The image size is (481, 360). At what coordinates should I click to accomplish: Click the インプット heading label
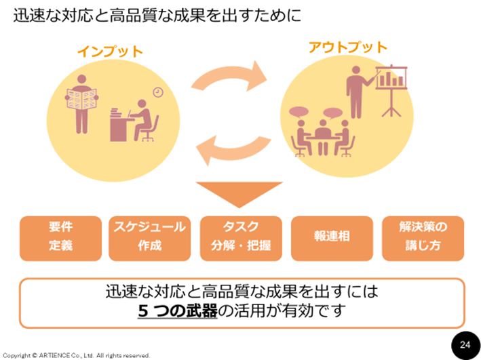point(109,52)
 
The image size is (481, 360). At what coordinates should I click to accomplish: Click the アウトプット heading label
point(347,47)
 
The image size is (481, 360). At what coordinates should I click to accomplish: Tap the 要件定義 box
point(60,237)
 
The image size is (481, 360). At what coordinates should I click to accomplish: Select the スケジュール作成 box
point(150,237)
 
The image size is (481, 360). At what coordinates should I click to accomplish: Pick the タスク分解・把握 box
point(241,237)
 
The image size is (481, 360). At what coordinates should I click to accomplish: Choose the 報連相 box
point(332,237)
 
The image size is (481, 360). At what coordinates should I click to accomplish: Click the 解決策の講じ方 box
point(421,237)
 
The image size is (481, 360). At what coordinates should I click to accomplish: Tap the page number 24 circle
point(465,344)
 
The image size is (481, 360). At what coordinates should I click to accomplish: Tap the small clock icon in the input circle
point(157,92)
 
